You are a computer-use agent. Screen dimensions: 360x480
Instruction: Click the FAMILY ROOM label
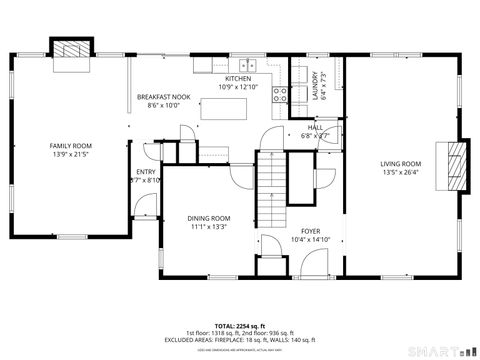coord(71,146)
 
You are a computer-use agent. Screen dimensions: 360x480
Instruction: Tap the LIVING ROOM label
coord(400,163)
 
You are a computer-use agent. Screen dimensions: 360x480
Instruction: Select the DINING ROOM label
coord(209,218)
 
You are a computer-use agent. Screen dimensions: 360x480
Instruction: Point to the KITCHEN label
coord(237,78)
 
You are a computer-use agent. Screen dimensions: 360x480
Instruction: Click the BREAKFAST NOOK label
coord(163,96)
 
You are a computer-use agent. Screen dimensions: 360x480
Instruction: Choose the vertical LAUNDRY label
coord(314,81)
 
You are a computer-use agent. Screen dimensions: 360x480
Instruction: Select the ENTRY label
coord(146,172)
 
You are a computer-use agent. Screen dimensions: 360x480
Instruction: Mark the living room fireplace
coord(456,163)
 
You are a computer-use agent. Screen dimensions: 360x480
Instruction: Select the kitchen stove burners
coord(281,95)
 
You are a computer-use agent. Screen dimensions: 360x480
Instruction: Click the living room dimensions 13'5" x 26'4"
coord(400,172)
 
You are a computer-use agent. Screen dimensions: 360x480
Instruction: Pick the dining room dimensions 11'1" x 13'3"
coord(209,227)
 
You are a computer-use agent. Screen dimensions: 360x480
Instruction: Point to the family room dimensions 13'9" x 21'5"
coord(71,155)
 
